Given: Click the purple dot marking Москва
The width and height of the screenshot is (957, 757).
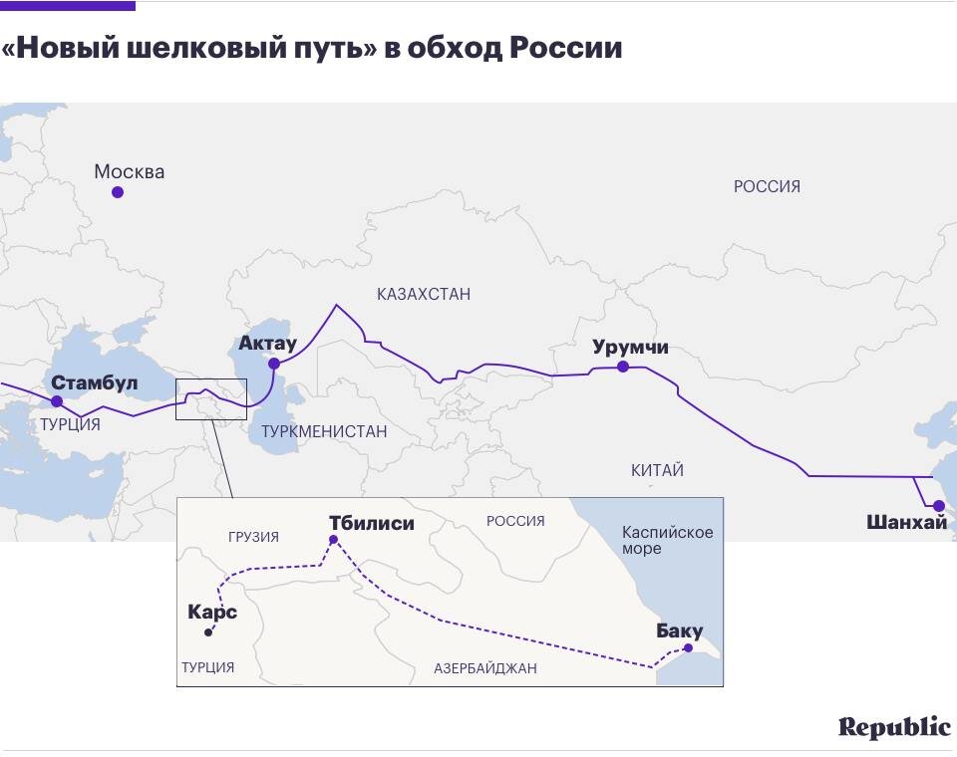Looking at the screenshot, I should point(118,192).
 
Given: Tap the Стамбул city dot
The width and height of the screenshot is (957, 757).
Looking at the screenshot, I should point(57,401).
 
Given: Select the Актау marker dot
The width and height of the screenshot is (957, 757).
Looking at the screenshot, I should point(274,364).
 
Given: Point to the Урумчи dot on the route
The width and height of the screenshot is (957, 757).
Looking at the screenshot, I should point(623,367).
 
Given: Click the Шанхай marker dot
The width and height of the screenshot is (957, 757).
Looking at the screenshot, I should point(938,506).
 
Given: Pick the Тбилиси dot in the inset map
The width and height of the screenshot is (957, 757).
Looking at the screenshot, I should point(334,540).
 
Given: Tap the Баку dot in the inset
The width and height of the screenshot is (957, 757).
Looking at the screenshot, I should point(688,647).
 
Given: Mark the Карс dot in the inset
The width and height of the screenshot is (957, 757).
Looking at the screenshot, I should point(208,632).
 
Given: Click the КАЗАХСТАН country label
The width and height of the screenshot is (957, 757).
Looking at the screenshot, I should point(424,294).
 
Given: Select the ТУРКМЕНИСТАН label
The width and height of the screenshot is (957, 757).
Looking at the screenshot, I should point(324,431).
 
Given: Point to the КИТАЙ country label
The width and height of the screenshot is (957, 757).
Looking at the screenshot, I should point(657,470).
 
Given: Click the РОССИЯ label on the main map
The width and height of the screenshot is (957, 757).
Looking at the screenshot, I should point(767,186).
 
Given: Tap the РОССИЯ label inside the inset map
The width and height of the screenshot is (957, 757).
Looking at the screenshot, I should point(515,521).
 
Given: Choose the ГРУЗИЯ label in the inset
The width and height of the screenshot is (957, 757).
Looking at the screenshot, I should point(253,537).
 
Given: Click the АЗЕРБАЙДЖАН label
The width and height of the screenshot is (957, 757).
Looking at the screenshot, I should point(485,668).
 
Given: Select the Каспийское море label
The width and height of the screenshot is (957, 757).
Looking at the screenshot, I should point(667,540).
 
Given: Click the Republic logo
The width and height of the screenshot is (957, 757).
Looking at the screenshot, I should point(894,727).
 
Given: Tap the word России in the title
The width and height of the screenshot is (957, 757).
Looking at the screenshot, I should point(565,48).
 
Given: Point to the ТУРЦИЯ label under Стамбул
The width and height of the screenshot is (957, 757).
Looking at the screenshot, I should point(70,424).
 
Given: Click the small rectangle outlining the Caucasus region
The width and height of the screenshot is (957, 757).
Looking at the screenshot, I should point(210,399).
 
